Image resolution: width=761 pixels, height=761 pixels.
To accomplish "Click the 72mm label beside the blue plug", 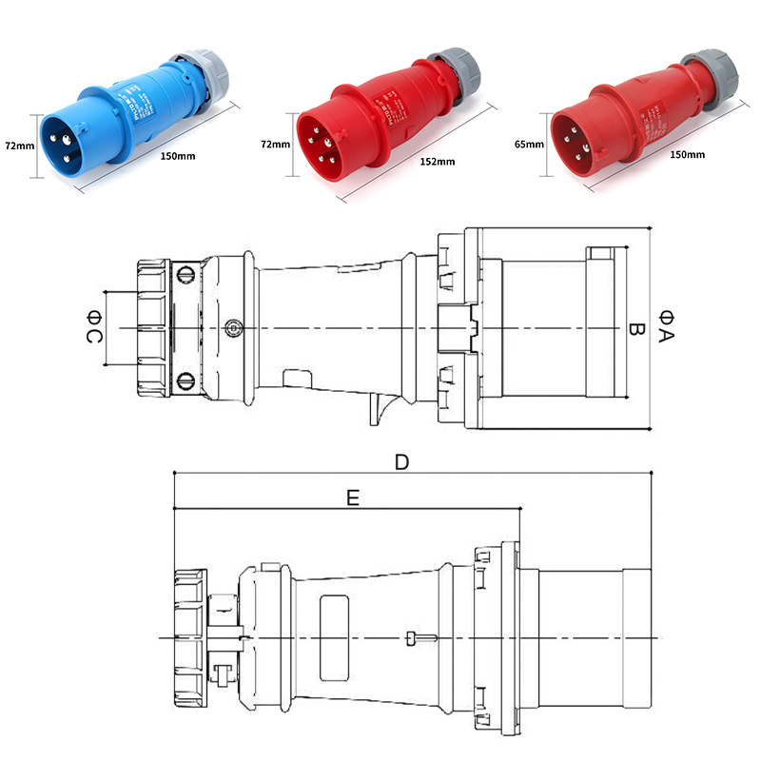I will point(18,146).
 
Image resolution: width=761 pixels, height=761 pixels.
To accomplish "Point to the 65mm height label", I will point(528,146).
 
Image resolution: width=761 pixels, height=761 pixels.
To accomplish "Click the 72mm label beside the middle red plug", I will point(275,145).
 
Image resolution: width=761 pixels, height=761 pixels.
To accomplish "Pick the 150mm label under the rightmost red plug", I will point(688,154).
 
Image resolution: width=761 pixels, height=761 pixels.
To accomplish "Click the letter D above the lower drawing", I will point(401,462).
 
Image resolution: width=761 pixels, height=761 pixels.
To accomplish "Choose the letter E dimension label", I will point(353,497).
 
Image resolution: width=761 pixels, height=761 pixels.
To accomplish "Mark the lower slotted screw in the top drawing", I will point(185,382).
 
